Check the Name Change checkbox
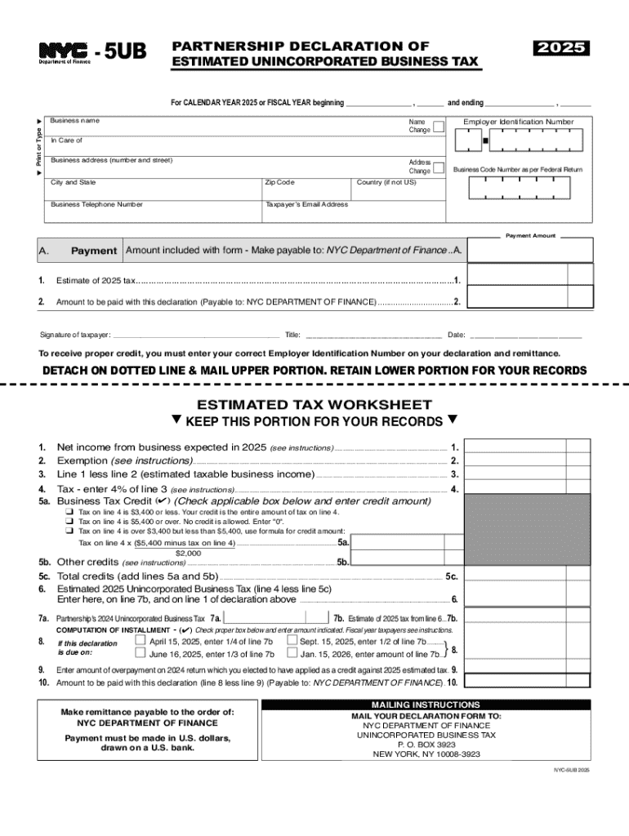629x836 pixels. click(439, 127)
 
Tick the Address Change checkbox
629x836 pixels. click(439, 167)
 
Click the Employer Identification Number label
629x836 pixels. click(518, 122)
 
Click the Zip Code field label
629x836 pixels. click(279, 182)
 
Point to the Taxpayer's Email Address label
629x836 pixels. click(306, 204)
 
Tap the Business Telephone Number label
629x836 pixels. click(96, 204)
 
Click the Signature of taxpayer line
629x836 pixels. click(196, 334)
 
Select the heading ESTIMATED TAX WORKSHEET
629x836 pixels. click(314, 404)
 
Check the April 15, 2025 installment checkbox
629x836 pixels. click(139, 641)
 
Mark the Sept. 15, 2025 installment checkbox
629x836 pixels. click(292, 641)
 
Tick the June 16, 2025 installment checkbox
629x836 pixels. click(139, 654)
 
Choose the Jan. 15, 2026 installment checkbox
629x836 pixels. click(292, 654)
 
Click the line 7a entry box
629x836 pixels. click(274, 618)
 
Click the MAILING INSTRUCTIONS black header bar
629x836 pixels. click(426, 705)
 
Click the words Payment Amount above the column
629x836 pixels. click(530, 235)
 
